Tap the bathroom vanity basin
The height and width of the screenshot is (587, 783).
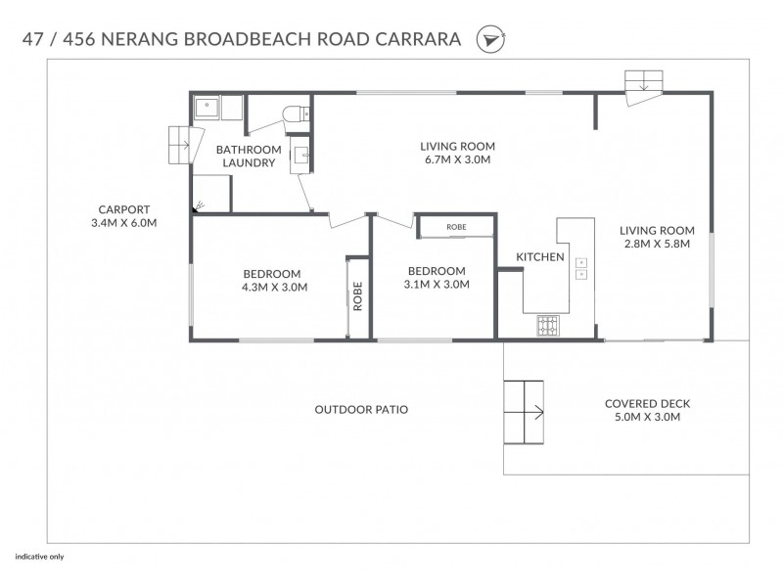click(x=300, y=156)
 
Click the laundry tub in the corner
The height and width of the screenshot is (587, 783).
click(x=207, y=107)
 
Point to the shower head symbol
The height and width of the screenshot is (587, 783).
click(x=200, y=205)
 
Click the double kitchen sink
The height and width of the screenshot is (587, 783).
click(x=581, y=268)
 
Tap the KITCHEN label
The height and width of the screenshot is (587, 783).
click(x=540, y=257)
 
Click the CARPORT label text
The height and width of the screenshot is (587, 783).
click(x=123, y=209)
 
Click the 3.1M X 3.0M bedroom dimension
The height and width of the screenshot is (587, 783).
click(x=438, y=285)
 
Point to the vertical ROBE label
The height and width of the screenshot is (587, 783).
click(x=358, y=296)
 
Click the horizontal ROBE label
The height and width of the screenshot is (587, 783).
click(x=456, y=227)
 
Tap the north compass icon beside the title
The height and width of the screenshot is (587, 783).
click(x=486, y=40)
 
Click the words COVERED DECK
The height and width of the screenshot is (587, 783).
click(x=641, y=403)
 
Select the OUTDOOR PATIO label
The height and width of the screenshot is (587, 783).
click(x=361, y=409)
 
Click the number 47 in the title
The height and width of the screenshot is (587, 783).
click(x=31, y=40)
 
